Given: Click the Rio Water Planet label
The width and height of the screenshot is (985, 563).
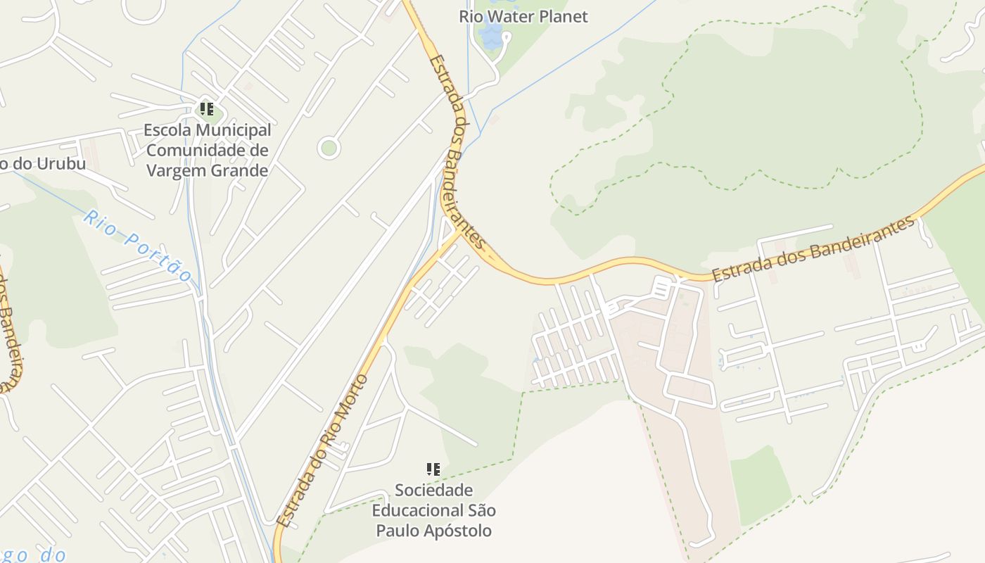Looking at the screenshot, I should coord(523,16).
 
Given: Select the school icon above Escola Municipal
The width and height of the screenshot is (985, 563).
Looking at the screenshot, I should coord(207,109).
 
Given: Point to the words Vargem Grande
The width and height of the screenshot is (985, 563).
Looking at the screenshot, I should coord(208,170).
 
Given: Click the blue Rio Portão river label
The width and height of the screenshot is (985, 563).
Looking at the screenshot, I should coord(138,244).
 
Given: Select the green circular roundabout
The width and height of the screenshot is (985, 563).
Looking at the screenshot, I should coord(329,148).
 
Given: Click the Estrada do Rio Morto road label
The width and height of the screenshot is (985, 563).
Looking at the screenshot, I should coord(323,450).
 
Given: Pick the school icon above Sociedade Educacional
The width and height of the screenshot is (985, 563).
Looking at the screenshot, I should coord(433,469).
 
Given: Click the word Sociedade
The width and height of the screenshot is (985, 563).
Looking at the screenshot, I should coord(433,490).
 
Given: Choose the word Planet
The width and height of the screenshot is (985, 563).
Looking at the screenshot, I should coord(564,16).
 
